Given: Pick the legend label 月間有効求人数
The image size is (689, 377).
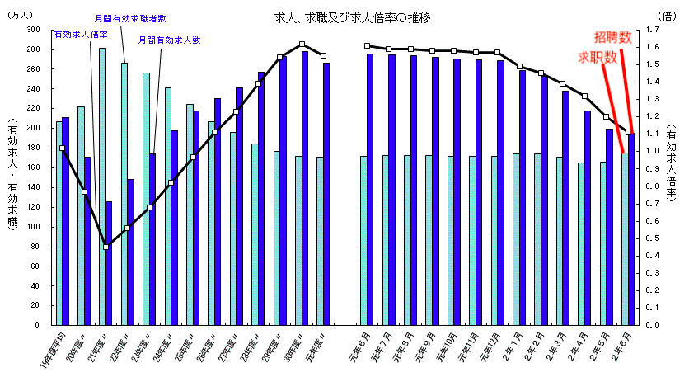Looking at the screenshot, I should coord(170,40).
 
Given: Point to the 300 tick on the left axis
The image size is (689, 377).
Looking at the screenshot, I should coord(34,29).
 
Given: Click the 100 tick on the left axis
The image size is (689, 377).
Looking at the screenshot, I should coord(34,226).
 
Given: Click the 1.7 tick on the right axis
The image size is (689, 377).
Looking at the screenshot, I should coord(653,29).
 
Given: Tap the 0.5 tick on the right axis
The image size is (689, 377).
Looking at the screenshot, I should coord(653,238).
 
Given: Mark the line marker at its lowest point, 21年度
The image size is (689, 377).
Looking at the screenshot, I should coord(105,247).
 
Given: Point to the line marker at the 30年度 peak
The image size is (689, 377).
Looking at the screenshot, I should coord(302,44).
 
